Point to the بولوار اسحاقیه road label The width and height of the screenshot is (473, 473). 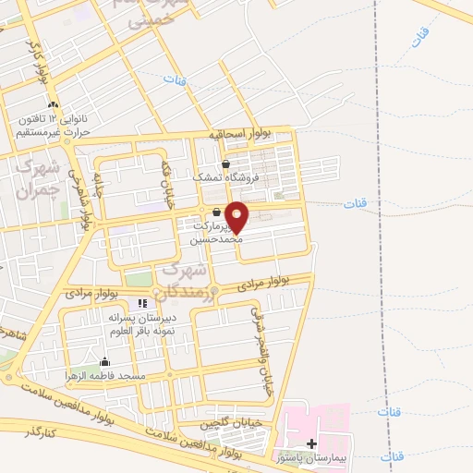(x=240, y=135)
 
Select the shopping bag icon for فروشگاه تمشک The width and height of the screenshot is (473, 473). (x=225, y=164)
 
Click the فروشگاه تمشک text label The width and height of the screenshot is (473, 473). (x=227, y=177)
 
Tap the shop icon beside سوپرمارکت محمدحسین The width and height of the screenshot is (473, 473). (x=216, y=212)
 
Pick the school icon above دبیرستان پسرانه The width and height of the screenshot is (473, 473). (x=142, y=303)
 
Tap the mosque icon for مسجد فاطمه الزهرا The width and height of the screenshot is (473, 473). (x=104, y=362)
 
